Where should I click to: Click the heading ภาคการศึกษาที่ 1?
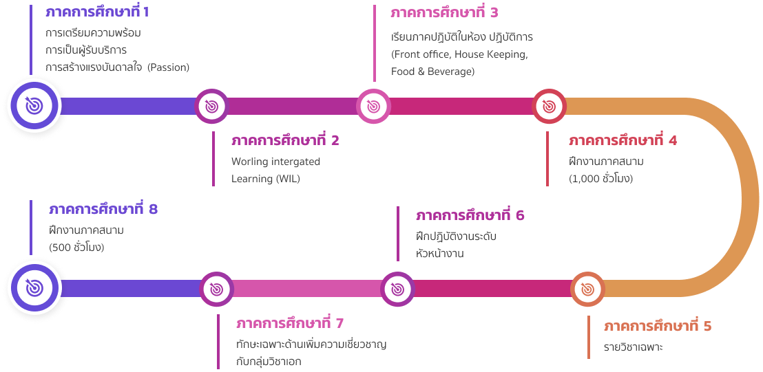pyautogui.click(x=96, y=12)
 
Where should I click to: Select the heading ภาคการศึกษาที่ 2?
pyautogui.click(x=285, y=141)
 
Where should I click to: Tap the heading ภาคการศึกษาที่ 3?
pyautogui.click(x=443, y=13)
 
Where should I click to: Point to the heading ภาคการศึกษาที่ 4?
pyautogui.click(x=623, y=141)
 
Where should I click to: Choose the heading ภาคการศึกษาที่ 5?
pyautogui.click(x=657, y=326)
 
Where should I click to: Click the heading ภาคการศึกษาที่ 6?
pyautogui.click(x=470, y=216)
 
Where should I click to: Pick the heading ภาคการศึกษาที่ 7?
pyautogui.click(x=289, y=323)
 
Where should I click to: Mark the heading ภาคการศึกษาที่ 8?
pyautogui.click(x=103, y=209)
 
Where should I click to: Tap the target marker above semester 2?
pyautogui.click(x=212, y=106)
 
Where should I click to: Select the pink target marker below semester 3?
pyautogui.click(x=373, y=106)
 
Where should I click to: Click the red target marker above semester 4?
pyautogui.click(x=549, y=106)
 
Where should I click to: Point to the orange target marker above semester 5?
pyautogui.click(x=587, y=289)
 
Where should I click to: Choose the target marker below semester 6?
pyautogui.click(x=397, y=289)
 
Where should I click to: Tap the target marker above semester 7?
pyautogui.click(x=216, y=289)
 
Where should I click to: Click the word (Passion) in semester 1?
pyautogui.click(x=168, y=67)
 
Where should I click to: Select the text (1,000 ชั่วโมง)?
pyautogui.click(x=600, y=179)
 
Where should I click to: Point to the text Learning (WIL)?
pyautogui.click(x=266, y=179)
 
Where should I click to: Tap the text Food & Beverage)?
pyautogui.click(x=432, y=71)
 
